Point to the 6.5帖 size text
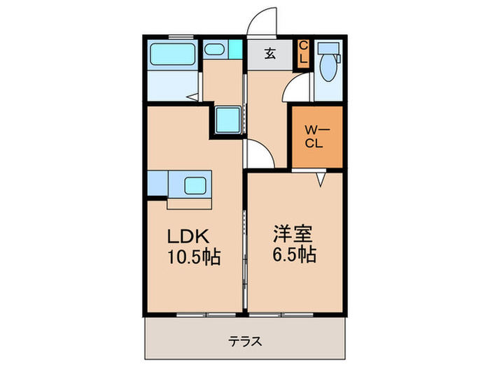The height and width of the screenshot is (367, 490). pos(293,255)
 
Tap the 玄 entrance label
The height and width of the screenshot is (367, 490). pos(270,52)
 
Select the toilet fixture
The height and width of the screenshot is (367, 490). pos(326,66)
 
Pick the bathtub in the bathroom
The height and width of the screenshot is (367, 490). pos(171,53)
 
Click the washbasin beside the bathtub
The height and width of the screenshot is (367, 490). pos(215,50)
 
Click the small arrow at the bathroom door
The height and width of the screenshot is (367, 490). pos(190,97)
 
